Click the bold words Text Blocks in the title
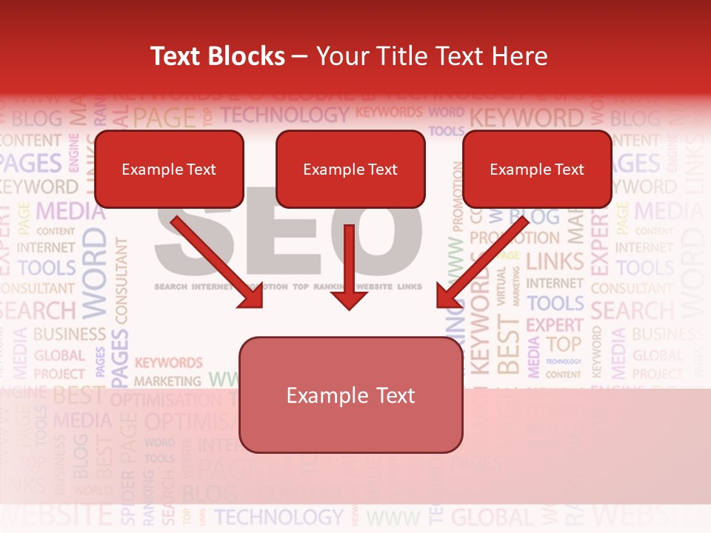(x=217, y=56)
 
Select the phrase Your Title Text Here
(x=432, y=56)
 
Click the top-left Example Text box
(x=169, y=170)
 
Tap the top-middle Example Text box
(x=350, y=170)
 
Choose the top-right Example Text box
(x=537, y=170)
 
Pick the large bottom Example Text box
(x=350, y=395)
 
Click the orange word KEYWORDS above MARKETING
(x=168, y=363)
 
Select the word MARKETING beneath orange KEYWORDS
(x=167, y=381)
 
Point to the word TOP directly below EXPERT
(x=564, y=344)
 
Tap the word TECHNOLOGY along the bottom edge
(x=279, y=517)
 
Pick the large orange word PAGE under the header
(x=164, y=118)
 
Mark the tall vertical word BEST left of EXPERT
(x=508, y=344)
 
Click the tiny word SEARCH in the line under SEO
(x=170, y=286)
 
